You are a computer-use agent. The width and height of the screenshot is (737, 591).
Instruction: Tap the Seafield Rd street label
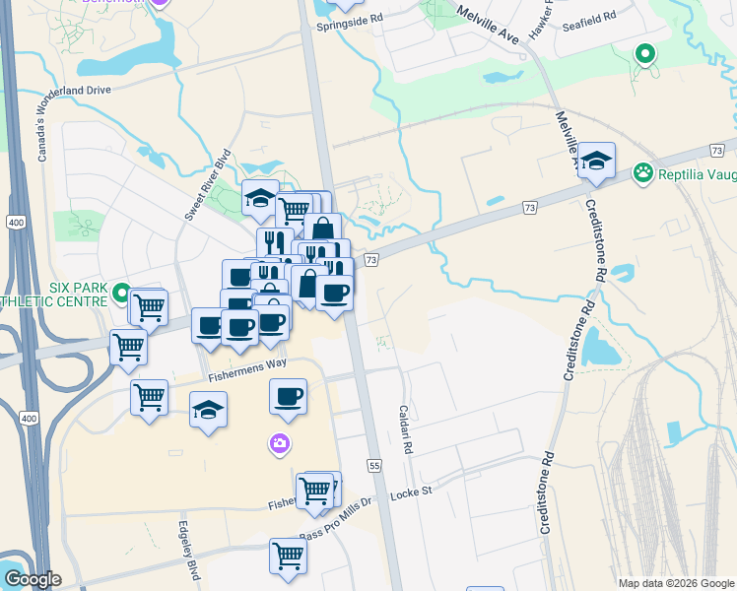(x=589, y=17)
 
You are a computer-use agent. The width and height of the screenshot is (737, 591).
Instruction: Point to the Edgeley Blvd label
(x=183, y=545)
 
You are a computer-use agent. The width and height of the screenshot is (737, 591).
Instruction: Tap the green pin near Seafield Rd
(x=646, y=54)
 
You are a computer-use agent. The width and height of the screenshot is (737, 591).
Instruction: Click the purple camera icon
(x=280, y=444)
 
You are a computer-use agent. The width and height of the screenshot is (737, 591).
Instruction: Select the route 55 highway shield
(x=373, y=464)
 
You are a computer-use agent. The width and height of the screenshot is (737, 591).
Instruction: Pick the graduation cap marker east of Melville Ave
(x=596, y=160)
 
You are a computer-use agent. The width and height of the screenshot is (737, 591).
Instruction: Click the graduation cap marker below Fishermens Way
(x=208, y=410)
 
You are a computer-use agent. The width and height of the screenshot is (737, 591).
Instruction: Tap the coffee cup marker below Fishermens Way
(x=288, y=396)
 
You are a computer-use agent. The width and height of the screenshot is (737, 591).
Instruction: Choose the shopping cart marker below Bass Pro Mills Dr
(x=289, y=556)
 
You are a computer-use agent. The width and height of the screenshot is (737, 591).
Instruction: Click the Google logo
(x=33, y=579)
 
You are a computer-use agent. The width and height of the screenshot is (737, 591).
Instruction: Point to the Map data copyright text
(x=675, y=583)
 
